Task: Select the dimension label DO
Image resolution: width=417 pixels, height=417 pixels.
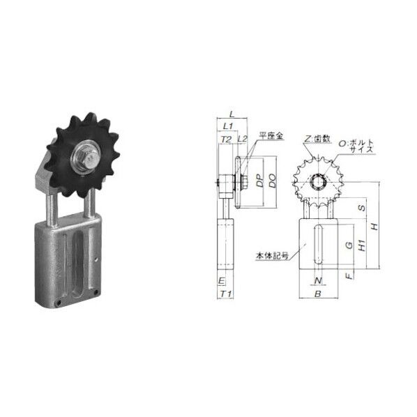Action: [x=272, y=181]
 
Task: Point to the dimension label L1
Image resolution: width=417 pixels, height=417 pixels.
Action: [x=228, y=126]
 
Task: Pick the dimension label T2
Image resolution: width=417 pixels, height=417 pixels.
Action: [x=226, y=139]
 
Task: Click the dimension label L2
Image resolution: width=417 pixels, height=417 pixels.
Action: [x=242, y=139]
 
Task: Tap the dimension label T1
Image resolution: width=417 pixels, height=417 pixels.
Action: [x=226, y=294]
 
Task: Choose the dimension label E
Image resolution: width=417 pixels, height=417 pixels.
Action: [x=221, y=281]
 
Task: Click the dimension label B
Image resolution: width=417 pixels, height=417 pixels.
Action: [x=318, y=294]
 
